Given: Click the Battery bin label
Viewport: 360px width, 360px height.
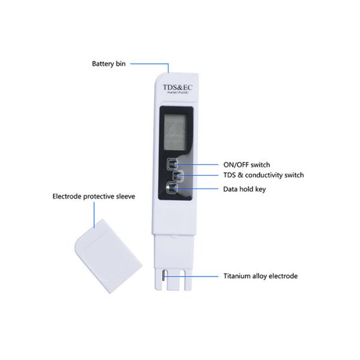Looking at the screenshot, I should tap(108, 63).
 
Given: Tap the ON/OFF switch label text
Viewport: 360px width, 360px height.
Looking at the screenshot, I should tap(246, 164).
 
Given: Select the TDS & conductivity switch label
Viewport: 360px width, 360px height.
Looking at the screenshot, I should tap(263, 175).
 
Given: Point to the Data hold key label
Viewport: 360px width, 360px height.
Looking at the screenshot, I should tap(244, 189).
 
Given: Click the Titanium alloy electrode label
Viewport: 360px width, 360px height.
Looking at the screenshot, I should tap(260, 277).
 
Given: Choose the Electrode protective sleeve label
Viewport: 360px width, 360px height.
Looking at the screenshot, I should tap(94, 196).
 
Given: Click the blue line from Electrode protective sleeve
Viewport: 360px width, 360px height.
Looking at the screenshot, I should tap(94, 213).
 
